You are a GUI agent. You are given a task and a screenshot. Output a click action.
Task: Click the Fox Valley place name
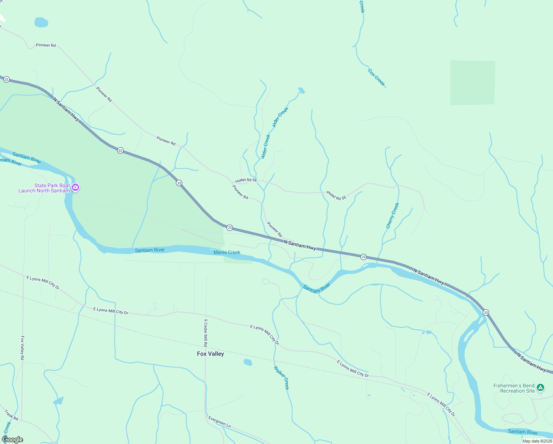pos(210,354)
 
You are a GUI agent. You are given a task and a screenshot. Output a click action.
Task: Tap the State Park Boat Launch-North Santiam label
pos(44,188)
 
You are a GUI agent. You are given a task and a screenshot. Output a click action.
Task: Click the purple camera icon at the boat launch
pos(76,188)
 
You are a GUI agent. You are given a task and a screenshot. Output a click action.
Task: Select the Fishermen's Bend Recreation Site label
pos(514,388)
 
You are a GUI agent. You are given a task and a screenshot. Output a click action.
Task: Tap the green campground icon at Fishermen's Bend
pos(540,388)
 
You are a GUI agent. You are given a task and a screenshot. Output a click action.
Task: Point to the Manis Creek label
pos(227,252)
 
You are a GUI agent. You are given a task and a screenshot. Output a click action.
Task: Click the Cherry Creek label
pos(393,216)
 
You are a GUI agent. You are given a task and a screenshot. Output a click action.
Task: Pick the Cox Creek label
pos(376,77)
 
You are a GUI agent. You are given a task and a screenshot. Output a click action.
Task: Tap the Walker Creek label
pos(282,377)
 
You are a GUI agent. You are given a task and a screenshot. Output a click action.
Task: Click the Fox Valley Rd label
pos(22,348)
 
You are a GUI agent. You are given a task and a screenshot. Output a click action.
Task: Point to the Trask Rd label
pos(11,415)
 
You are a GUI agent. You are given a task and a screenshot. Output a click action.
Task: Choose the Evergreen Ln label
pos(220,422)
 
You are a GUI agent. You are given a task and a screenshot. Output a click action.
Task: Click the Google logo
pos(13,440)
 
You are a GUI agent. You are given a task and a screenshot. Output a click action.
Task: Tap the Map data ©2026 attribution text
pos(537,441)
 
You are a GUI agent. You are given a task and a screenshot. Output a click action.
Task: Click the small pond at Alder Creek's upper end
pos(302,90)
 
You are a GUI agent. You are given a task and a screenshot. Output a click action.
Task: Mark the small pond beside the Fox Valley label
pos(248,362)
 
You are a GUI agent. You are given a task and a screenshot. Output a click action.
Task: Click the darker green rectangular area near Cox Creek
pos(472,83)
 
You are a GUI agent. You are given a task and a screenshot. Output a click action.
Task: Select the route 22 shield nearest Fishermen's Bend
pos(486,313)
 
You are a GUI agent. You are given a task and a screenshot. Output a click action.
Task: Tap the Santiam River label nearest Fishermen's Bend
pos(523,432)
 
